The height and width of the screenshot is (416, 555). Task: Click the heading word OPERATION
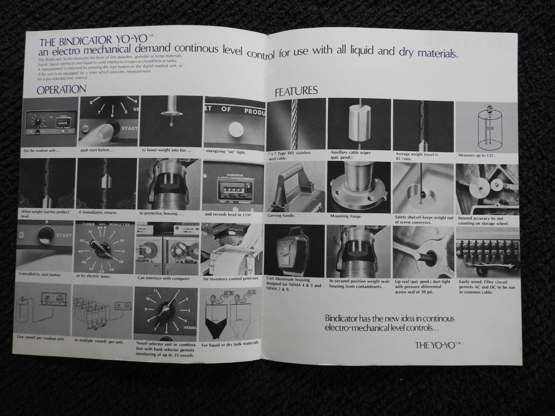point(61,89)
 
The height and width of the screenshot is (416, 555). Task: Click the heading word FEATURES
point(296,92)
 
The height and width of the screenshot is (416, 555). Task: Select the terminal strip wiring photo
point(487,252)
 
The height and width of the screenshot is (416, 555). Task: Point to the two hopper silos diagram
point(230,312)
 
